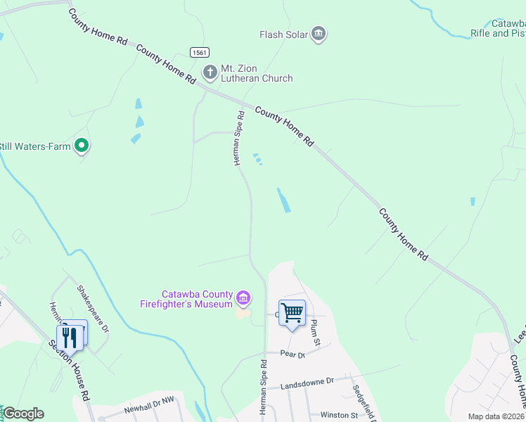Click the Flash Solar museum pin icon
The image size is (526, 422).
point(319,34)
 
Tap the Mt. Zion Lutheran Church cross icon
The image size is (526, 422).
point(210,72)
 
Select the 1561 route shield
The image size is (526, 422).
point(200,53)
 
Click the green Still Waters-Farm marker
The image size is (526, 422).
point(82,146)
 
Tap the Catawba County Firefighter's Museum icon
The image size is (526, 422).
point(243,298)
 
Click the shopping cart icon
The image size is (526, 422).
point(292,312)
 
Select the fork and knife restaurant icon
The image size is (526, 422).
point(70,336)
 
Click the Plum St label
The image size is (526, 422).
point(316,333)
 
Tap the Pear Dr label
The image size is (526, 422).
point(292,354)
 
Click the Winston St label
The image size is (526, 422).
point(339,415)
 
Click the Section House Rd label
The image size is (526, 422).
point(69,371)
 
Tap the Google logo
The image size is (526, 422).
point(23,414)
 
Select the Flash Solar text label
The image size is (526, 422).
point(284,34)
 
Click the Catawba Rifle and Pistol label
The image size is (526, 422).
point(498,28)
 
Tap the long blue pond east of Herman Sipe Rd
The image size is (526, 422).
point(283,200)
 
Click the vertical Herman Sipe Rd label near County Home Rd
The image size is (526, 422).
point(239,138)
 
